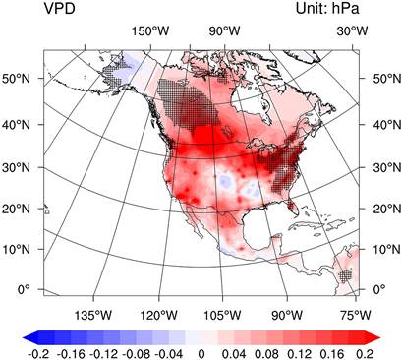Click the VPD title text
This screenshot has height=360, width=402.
tap(59, 9)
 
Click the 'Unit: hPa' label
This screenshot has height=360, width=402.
tap(327, 9)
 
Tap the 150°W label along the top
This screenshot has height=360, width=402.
tap(150, 31)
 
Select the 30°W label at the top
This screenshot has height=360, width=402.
tap(353, 31)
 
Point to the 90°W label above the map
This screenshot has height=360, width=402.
tap(225, 31)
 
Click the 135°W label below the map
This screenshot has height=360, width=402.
tap(93, 315)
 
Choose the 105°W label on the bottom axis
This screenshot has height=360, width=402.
tap(222, 315)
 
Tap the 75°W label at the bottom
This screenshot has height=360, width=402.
tap(356, 315)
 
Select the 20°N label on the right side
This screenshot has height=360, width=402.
tap(387, 209)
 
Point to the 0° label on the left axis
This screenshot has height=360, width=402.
tap(24, 289)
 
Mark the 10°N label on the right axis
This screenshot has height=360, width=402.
tap(387, 249)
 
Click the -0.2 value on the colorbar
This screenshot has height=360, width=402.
tap(38, 354)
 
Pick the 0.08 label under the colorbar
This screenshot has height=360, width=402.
tap(266, 354)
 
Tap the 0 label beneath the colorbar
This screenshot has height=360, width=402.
tap(201, 354)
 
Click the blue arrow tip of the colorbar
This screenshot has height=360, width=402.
tap(24, 337)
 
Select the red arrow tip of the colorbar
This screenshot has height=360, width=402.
tap(379, 337)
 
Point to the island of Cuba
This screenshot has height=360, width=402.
tap(314, 227)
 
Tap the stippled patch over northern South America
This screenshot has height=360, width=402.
tap(346, 276)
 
